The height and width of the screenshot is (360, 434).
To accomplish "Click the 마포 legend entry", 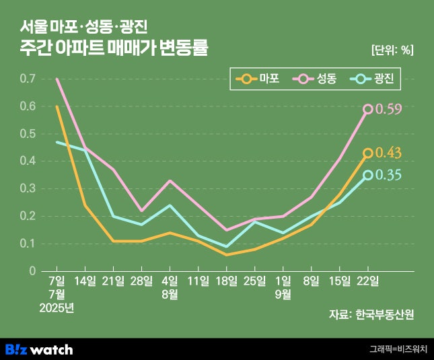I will tap(258, 79).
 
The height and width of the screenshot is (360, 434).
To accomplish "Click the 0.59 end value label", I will tap(388, 109).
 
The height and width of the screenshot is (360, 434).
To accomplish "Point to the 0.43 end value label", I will tap(388, 153).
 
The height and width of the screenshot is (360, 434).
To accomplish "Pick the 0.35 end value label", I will tap(388, 176).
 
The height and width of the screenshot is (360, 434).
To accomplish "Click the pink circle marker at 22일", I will tap(368, 109).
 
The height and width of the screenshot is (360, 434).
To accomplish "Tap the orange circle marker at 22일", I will tap(368, 153).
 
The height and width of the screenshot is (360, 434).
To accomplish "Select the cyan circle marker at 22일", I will tap(368, 176).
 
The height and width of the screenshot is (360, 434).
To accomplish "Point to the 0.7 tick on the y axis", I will tap(28, 79).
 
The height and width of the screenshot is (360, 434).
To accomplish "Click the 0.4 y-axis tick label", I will tap(28, 161).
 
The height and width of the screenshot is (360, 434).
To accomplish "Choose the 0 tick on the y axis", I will tap(32, 271).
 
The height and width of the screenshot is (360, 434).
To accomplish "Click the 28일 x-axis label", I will tap(141, 281).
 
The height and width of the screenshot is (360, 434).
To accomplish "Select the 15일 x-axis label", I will tap(340, 281).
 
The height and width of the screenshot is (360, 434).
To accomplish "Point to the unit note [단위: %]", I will tap(392, 49).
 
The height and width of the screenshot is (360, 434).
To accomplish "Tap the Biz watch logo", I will tap(39, 349).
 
